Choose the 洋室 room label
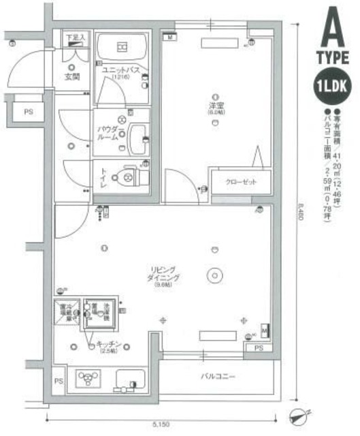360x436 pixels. pos(216,105)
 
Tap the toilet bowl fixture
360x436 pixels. pos(127,177)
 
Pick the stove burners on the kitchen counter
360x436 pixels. pos(88,378)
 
